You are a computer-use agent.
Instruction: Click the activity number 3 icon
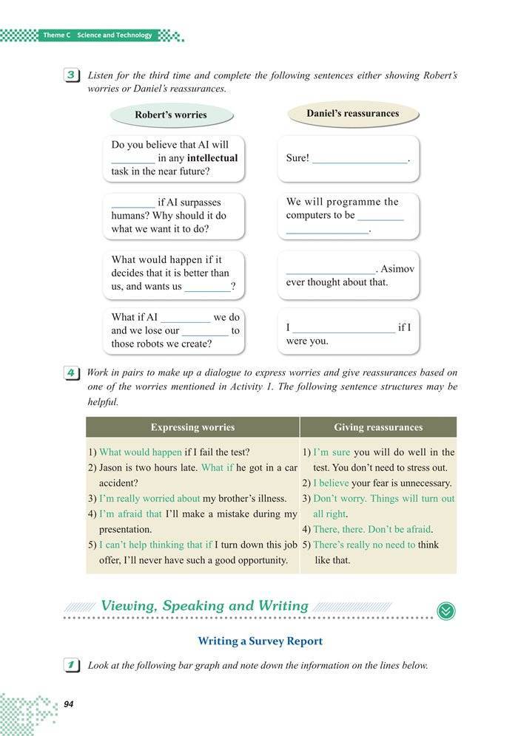pyautogui.click(x=71, y=76)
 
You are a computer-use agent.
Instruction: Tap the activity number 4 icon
pyautogui.click(x=71, y=374)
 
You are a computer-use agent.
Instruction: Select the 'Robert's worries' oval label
pyautogui.click(x=171, y=115)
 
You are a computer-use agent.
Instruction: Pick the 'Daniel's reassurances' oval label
pyautogui.click(x=352, y=114)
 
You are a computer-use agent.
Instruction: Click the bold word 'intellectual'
pyautogui.click(x=212, y=158)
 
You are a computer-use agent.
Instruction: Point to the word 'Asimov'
pyautogui.click(x=398, y=269)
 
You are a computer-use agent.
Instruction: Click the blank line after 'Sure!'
pyautogui.click(x=360, y=159)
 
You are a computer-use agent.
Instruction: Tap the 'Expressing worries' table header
pyautogui.click(x=192, y=427)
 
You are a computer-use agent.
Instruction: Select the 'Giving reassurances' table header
pyautogui.click(x=378, y=427)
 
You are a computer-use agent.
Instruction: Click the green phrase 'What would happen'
pyautogui.click(x=141, y=452)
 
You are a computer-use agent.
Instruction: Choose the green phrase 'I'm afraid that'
pyautogui.click(x=130, y=514)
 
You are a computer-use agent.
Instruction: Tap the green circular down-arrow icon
pyautogui.click(x=446, y=611)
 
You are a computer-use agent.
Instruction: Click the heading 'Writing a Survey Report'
pyautogui.click(x=260, y=641)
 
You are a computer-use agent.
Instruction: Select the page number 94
pyautogui.click(x=69, y=704)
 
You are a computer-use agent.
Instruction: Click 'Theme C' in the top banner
pyautogui.click(x=55, y=35)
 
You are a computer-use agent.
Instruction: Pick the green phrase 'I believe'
pyautogui.click(x=331, y=483)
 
